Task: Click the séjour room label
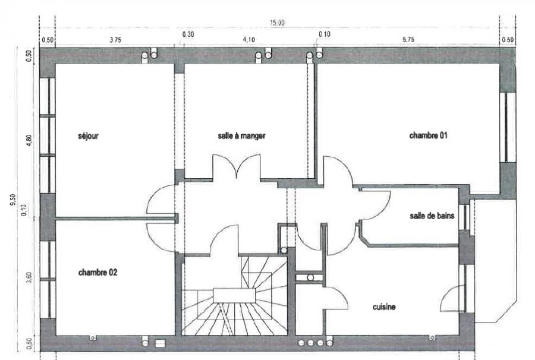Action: [89, 136]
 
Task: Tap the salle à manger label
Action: [241, 135]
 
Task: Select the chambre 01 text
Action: [428, 135]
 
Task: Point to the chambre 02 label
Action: [97, 273]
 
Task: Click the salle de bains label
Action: [432, 216]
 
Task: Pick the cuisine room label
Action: [384, 307]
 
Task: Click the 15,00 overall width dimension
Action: [277, 23]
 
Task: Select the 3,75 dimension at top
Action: [115, 40]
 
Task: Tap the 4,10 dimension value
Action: [248, 40]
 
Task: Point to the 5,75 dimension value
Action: [408, 40]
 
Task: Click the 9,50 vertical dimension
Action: [13, 200]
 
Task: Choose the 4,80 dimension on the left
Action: [29, 140]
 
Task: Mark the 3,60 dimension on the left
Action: [29, 277]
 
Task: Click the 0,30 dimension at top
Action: [188, 34]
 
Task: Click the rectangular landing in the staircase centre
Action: [234, 295]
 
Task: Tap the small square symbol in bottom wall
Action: [160, 343]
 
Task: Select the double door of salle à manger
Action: [237, 166]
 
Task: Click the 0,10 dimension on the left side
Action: [24, 210]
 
